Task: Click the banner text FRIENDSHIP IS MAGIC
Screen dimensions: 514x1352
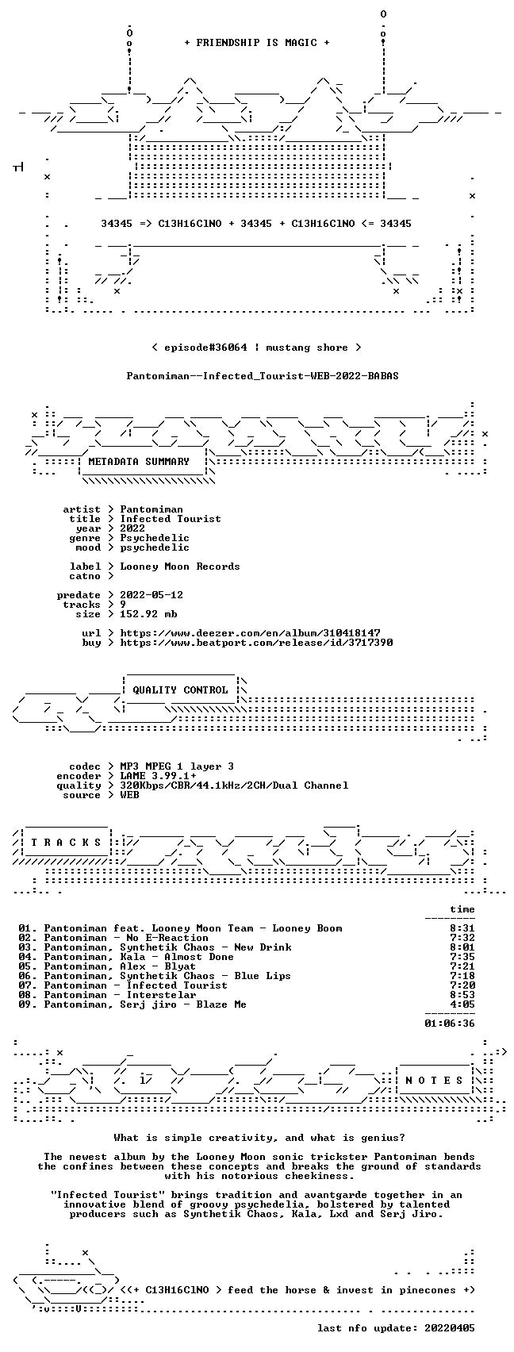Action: (257, 43)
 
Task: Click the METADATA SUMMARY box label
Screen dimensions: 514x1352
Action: (139, 462)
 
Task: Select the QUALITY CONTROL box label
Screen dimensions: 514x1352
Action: (180, 689)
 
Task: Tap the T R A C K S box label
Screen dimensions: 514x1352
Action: (67, 842)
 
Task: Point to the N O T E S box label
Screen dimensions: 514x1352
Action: (435, 1081)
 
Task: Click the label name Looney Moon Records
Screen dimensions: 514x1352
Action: (180, 567)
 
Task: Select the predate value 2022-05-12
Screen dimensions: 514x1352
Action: (152, 594)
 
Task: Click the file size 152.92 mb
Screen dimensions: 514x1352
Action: (148, 614)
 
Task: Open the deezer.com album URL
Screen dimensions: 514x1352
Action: (251, 633)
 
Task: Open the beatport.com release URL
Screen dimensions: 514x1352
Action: (256, 643)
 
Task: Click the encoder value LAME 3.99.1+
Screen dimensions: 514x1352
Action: (158, 776)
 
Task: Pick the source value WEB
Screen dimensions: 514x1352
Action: (130, 795)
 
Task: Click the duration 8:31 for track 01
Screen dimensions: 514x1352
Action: (462, 928)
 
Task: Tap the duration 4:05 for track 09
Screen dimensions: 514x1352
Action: (462, 1004)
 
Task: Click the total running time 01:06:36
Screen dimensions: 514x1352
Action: (450, 1023)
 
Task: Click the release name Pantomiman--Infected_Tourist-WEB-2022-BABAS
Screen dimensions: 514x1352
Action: (263, 376)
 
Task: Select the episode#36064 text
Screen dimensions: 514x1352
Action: (205, 348)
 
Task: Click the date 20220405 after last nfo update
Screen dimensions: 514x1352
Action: (450, 1328)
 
